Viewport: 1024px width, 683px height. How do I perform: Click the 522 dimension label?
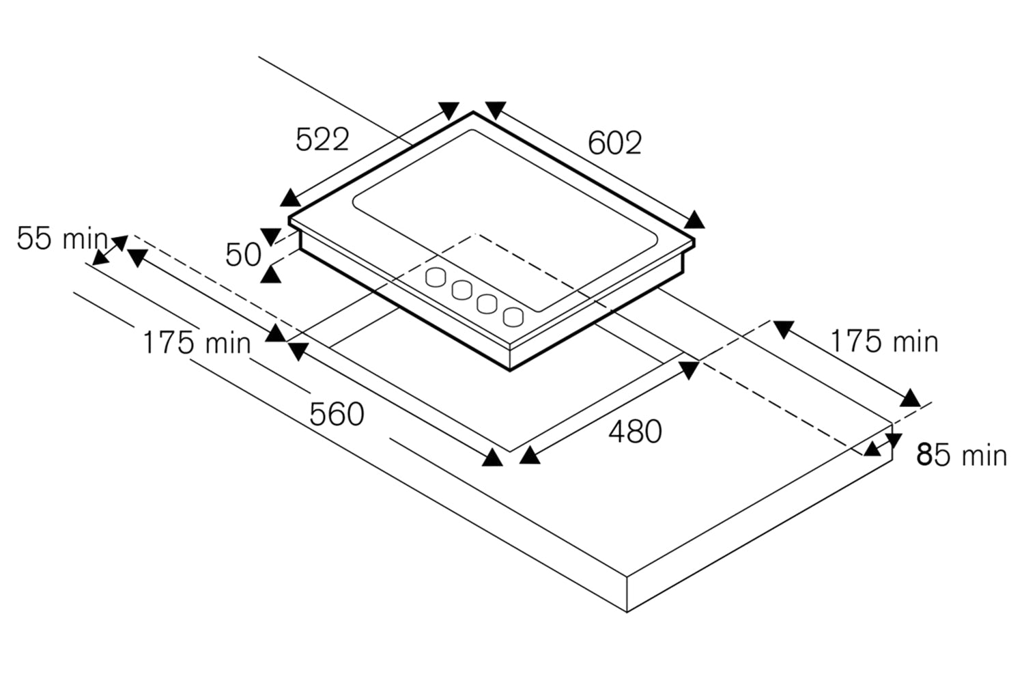(322, 139)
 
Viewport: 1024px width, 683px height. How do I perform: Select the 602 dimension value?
(614, 143)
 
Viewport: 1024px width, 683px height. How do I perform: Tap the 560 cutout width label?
(337, 415)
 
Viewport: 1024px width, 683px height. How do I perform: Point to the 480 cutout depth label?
(635, 432)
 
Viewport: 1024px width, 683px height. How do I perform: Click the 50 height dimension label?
(243, 255)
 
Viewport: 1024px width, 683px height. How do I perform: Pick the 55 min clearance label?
(62, 238)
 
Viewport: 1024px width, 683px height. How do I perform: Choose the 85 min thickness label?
(962, 455)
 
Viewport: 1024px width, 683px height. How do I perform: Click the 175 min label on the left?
(197, 343)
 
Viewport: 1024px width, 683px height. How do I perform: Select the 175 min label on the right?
(884, 341)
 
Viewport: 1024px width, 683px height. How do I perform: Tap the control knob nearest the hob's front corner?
(513, 316)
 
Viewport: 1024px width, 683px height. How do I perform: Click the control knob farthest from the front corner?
(436, 277)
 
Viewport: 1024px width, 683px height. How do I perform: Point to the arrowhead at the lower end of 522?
(290, 198)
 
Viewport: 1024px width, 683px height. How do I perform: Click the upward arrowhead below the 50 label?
(270, 275)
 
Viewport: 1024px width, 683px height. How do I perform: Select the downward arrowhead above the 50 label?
(270, 236)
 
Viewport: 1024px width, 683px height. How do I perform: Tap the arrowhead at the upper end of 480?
(689, 370)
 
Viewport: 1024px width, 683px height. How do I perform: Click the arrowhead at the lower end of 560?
(492, 458)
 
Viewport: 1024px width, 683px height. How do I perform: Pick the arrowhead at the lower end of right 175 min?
(910, 398)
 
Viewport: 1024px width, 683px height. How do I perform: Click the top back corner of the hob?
(473, 111)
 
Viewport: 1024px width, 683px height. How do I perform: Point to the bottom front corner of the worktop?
(627, 612)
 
